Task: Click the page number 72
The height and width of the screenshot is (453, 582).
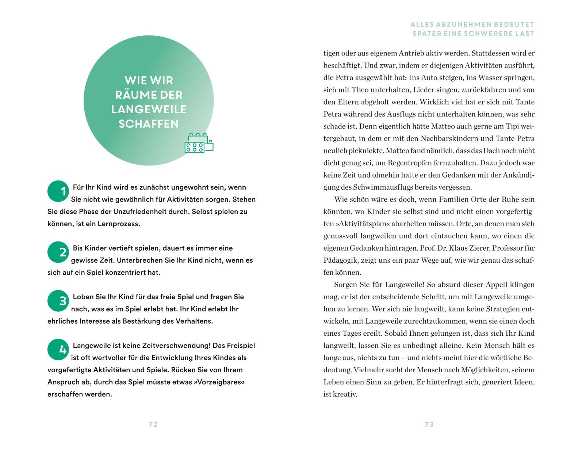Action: point(153,424)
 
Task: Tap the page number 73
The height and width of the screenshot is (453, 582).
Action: point(429,424)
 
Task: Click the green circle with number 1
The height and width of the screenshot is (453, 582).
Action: point(58,191)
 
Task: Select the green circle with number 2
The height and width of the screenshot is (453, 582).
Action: point(58,252)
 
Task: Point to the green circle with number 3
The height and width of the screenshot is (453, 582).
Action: point(58,301)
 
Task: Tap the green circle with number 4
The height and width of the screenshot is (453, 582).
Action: point(58,350)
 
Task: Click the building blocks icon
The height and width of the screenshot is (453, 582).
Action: point(199,143)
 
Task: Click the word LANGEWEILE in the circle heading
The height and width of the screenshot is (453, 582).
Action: point(149,109)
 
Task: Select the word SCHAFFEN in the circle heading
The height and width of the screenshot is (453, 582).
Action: point(149,124)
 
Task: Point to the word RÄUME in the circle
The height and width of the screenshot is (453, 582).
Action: point(131,95)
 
